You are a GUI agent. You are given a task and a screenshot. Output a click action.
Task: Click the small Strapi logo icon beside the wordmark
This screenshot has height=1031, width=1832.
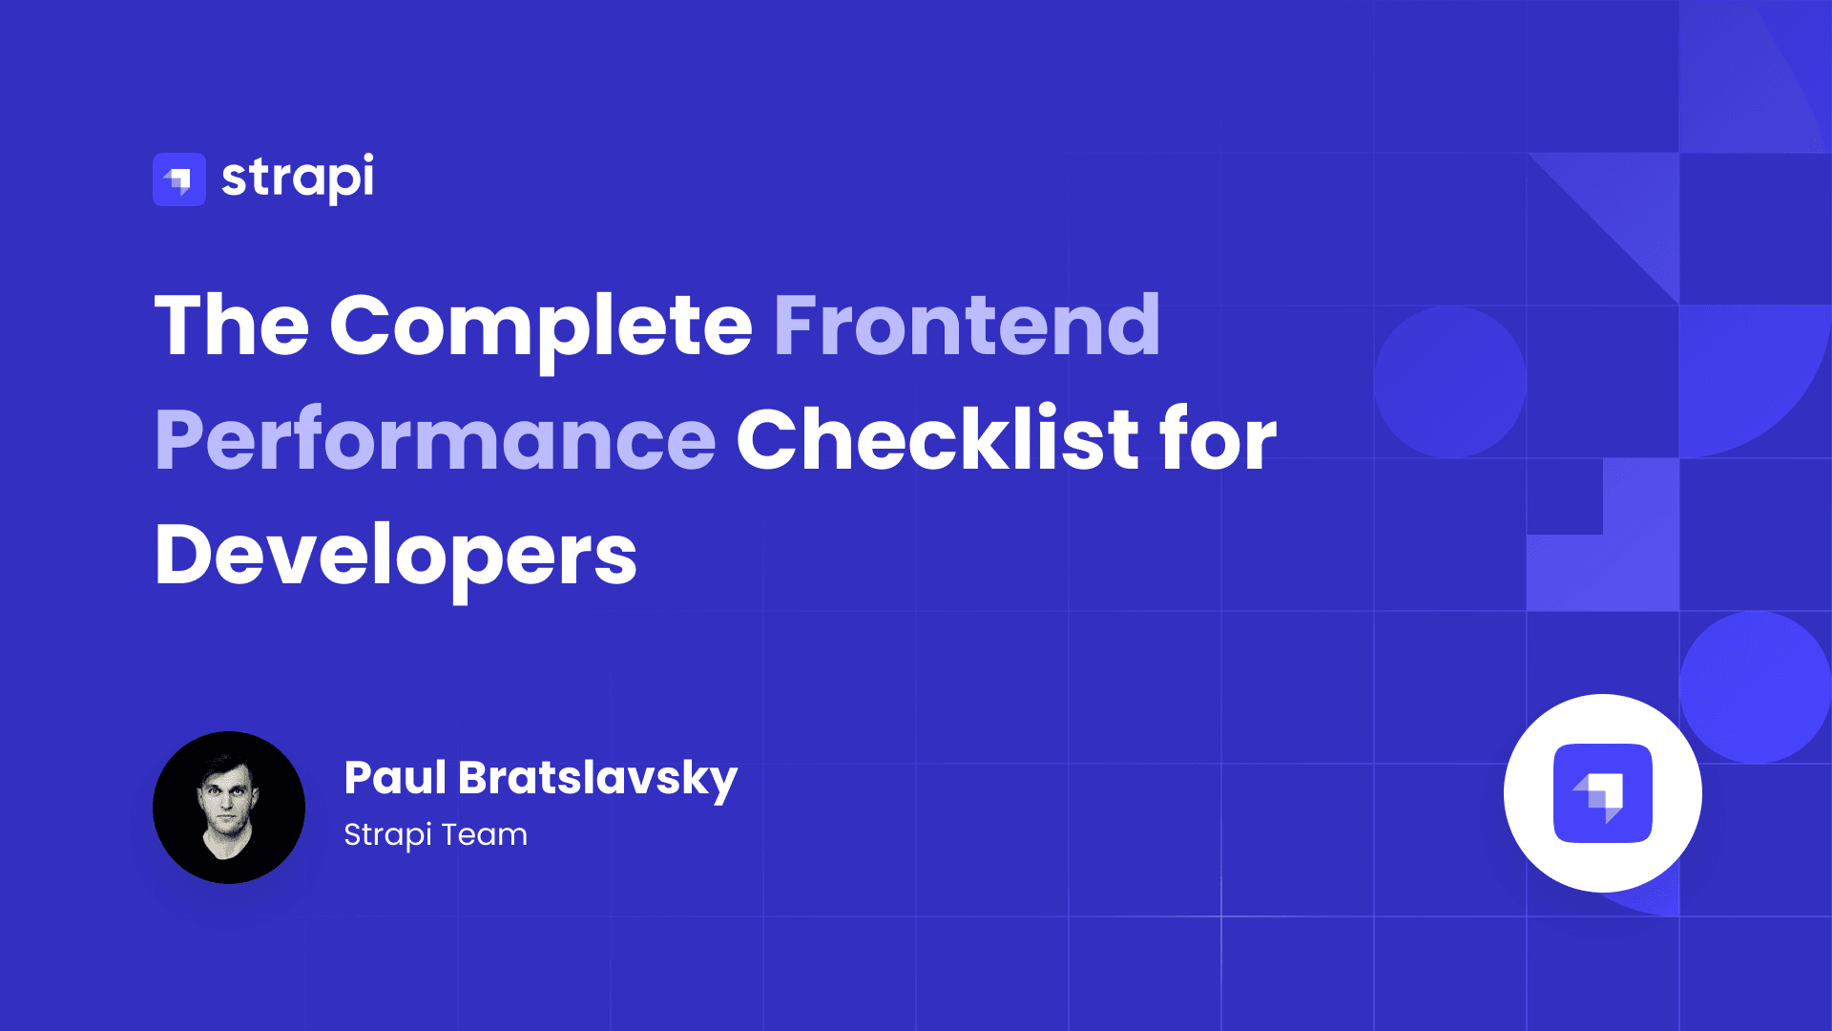coord(179,179)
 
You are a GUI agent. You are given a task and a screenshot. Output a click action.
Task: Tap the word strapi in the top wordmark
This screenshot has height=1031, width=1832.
coord(298,178)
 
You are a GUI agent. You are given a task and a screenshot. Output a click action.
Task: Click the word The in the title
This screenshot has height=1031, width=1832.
coord(232,326)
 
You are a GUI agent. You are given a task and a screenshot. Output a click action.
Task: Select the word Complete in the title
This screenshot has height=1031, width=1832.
coord(541,326)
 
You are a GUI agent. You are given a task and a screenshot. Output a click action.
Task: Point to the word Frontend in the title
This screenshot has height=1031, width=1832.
coord(967,326)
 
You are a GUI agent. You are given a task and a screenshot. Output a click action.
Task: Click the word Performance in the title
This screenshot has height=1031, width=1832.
coord(435,440)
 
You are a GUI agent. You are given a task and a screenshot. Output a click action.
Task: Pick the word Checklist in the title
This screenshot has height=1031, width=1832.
coord(937,440)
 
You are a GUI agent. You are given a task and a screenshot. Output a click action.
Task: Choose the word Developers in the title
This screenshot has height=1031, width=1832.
coord(395,556)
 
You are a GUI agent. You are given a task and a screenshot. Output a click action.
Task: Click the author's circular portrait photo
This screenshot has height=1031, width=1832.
coord(229,808)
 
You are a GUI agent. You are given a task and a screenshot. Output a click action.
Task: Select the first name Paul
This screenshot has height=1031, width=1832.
coord(395,777)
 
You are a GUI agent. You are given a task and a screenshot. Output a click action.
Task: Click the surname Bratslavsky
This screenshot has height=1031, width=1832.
coord(597,779)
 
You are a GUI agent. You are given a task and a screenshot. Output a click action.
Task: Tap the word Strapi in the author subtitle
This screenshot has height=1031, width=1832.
coord(387,835)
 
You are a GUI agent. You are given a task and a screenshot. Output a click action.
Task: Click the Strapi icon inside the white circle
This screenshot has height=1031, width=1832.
coord(1603,793)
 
